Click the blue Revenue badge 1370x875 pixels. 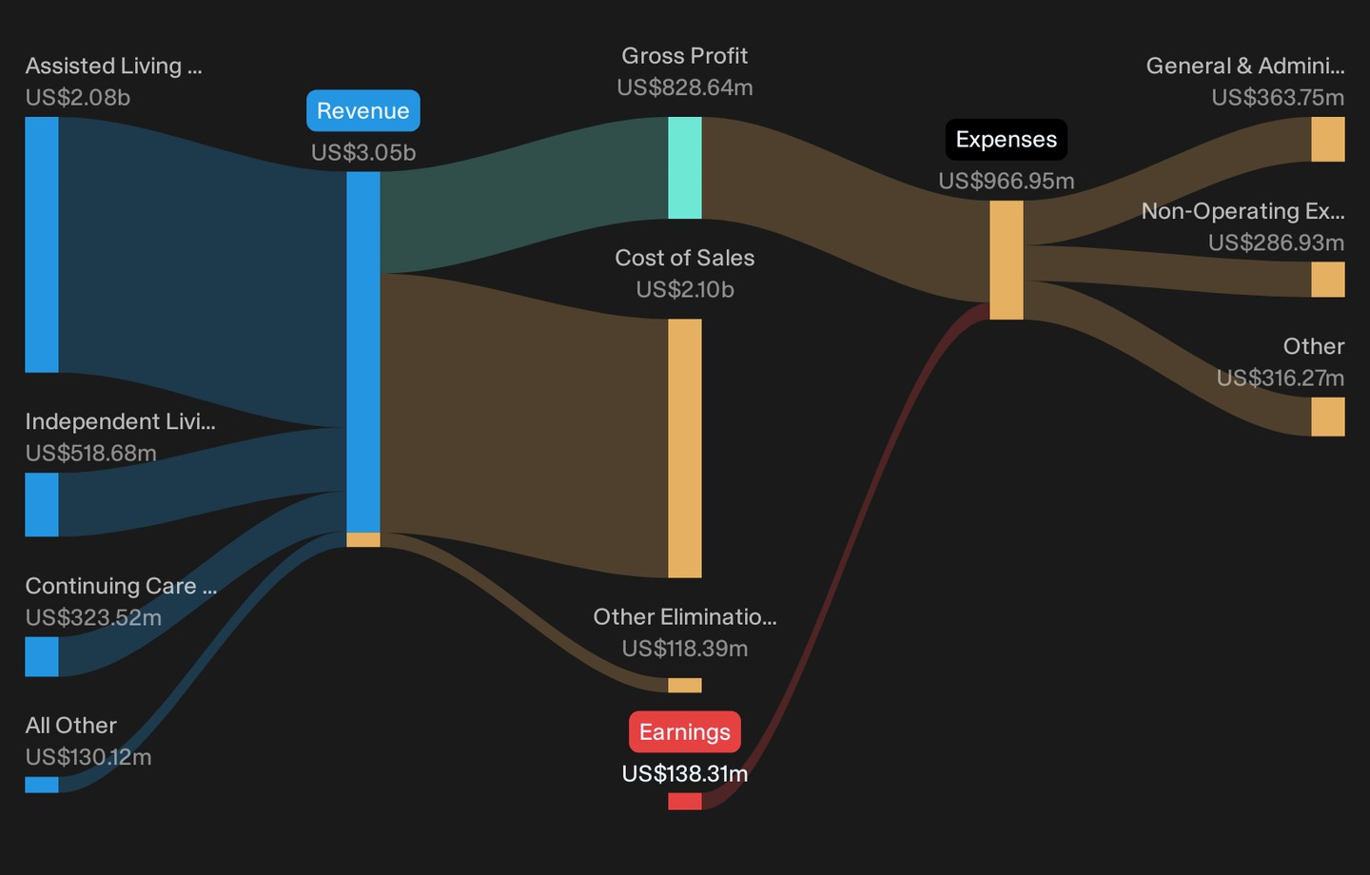pyautogui.click(x=363, y=110)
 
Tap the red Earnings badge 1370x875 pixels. pyautogui.click(x=684, y=732)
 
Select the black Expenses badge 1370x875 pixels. pyautogui.click(x=1007, y=140)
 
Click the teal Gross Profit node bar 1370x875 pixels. pyautogui.click(x=684, y=167)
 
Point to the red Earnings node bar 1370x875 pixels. pyautogui.click(x=684, y=801)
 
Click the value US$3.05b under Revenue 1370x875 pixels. pyautogui.click(x=363, y=152)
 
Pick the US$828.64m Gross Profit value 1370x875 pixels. pyautogui.click(x=684, y=87)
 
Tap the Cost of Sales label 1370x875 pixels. pyautogui.click(x=684, y=258)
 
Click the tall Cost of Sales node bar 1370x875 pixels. pyautogui.click(x=684, y=448)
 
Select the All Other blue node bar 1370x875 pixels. pyautogui.click(x=42, y=785)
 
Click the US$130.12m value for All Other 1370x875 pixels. pyautogui.click(x=88, y=757)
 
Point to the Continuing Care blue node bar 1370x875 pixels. pyautogui.click(x=42, y=656)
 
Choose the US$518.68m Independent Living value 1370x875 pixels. pyautogui.click(x=91, y=453)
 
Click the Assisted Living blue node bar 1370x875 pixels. pyautogui.click(x=42, y=244)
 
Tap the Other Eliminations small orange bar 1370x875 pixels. pyautogui.click(x=684, y=685)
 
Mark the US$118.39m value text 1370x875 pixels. pyautogui.click(x=684, y=648)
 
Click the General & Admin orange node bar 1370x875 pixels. pyautogui.click(x=1328, y=140)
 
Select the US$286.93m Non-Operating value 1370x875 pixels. pyautogui.click(x=1276, y=243)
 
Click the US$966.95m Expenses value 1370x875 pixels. pyautogui.click(x=1007, y=181)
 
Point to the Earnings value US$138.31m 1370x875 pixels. pyautogui.click(x=684, y=773)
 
